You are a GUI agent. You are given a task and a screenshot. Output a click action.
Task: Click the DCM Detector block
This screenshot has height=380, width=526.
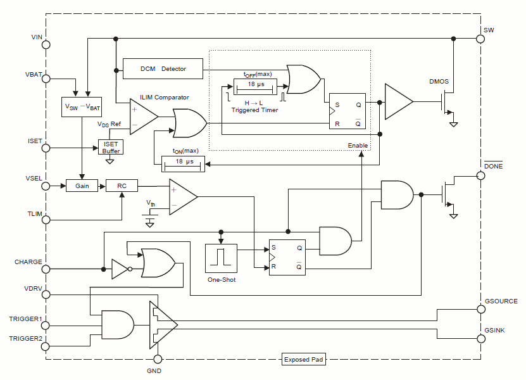[163, 68]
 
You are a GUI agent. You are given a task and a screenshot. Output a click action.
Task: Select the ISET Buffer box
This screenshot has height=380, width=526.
[111, 147]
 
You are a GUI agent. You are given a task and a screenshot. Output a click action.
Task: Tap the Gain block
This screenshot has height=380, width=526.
[83, 186]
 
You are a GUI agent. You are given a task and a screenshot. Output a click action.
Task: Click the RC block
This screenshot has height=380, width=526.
[122, 186]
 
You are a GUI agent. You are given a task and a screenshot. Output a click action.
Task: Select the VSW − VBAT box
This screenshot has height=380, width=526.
[82, 107]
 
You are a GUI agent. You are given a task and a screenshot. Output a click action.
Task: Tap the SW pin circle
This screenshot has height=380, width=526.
[480, 38]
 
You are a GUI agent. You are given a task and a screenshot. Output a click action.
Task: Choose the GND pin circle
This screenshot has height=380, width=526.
[158, 359]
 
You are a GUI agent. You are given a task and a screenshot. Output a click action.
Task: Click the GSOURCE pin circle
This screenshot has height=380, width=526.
[480, 310]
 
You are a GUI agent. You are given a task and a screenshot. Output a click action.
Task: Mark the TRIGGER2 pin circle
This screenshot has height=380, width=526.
[46, 346]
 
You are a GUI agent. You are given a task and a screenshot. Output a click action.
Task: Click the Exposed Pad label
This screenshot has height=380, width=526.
[304, 360]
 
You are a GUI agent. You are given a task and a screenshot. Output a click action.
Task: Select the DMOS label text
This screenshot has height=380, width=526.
[439, 82]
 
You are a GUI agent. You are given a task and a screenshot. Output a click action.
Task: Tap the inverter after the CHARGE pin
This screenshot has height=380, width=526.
[120, 269]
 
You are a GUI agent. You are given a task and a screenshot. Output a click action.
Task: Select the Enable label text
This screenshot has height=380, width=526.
[358, 146]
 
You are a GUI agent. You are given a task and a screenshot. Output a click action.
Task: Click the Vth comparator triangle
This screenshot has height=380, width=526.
[181, 196]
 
